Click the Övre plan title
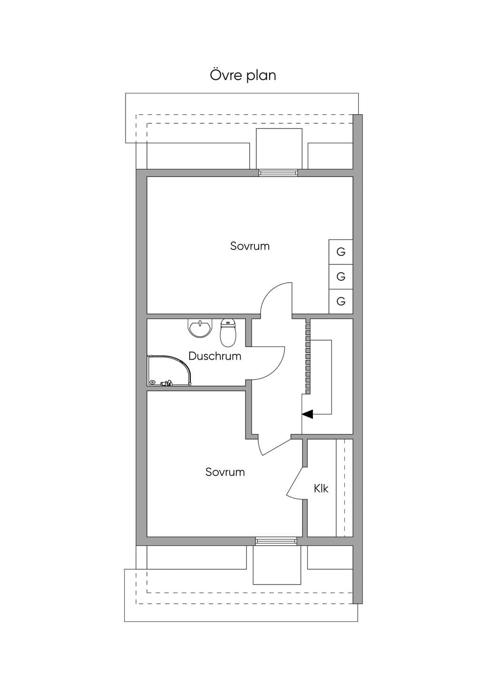tap(243, 75)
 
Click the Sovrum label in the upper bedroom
tap(250, 246)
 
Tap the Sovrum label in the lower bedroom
tap(225, 472)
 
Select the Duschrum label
tap(214, 356)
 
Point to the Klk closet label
tap(321, 488)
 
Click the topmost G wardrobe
tap(341, 252)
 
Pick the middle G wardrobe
tap(341, 276)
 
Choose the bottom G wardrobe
tap(341, 301)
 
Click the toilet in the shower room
tap(228, 333)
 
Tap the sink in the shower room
tap(200, 328)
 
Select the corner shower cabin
tap(169, 371)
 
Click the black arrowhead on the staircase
tap(307, 414)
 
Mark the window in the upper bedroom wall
tap(278, 173)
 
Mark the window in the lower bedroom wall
tap(276, 541)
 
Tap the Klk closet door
tap(295, 484)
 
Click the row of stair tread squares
tap(308, 356)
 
